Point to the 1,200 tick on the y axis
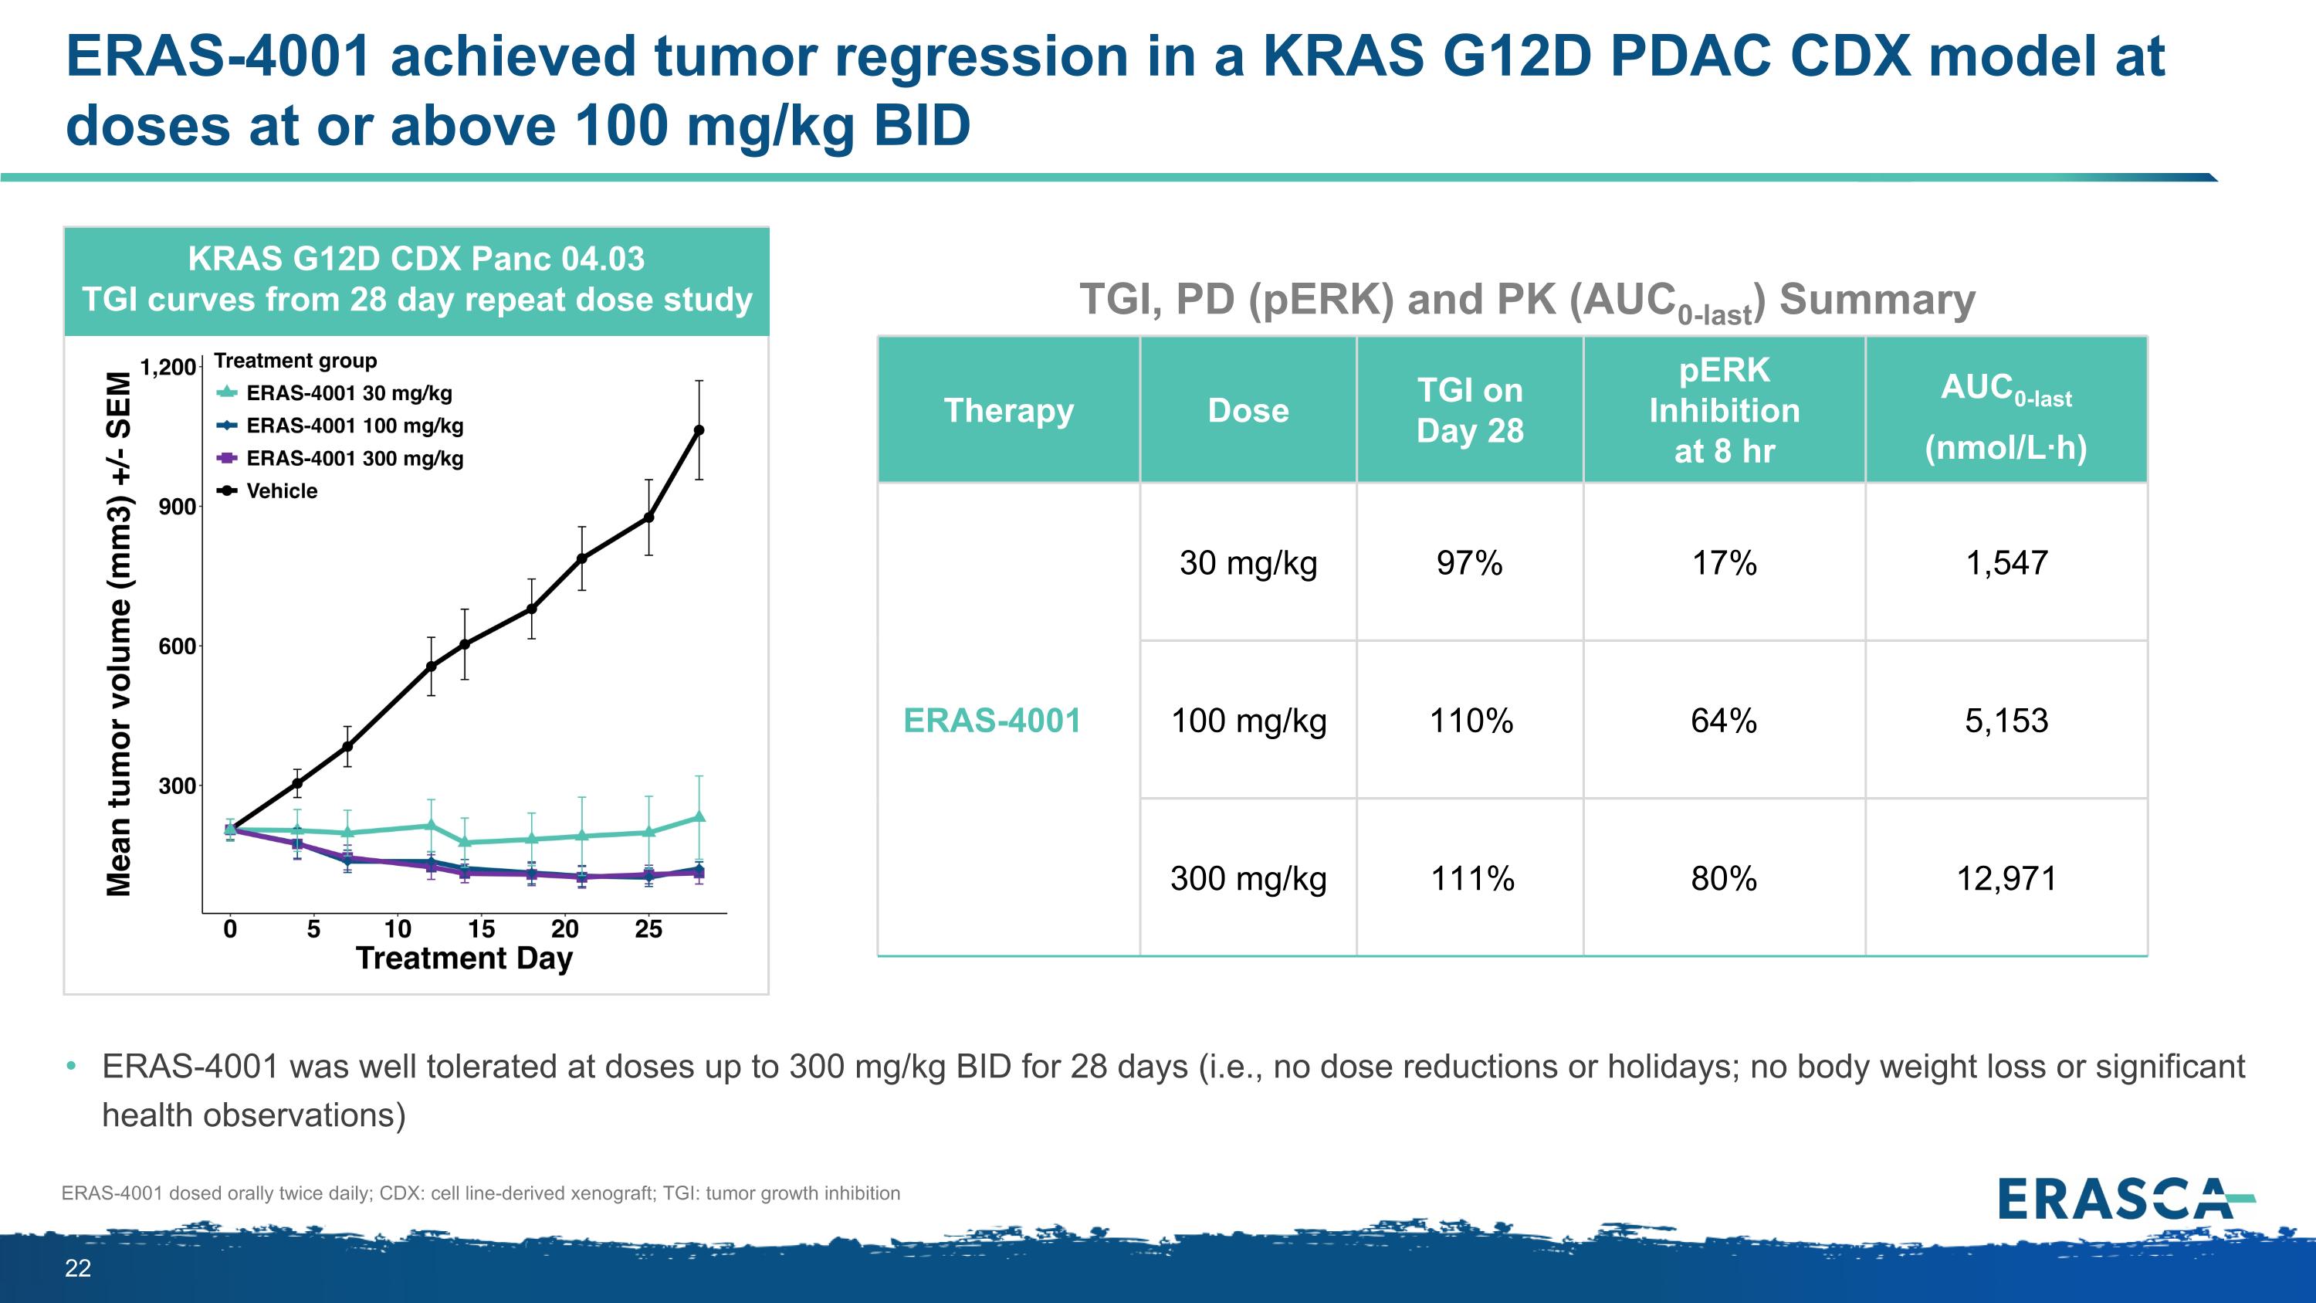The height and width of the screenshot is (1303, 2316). point(168,367)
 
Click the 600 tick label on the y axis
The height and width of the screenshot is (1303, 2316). point(177,646)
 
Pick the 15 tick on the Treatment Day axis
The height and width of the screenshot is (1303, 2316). point(481,929)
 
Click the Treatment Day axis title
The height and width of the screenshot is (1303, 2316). point(464,959)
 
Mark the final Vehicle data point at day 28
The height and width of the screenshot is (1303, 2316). point(699,431)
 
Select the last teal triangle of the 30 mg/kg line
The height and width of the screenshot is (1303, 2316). point(699,816)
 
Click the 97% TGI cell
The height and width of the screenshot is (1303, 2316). point(1469,563)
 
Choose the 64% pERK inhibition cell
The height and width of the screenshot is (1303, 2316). point(1724,721)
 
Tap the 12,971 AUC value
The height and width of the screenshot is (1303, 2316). point(2006,877)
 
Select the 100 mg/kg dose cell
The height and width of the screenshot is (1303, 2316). point(1248,721)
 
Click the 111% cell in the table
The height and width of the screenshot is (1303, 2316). point(1471,877)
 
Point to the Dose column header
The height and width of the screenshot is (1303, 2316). point(1248,410)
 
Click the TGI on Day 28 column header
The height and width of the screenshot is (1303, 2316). point(1470,410)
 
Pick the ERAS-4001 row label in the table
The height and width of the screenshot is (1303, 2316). point(992,721)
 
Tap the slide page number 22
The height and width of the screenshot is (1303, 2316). point(78,1268)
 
